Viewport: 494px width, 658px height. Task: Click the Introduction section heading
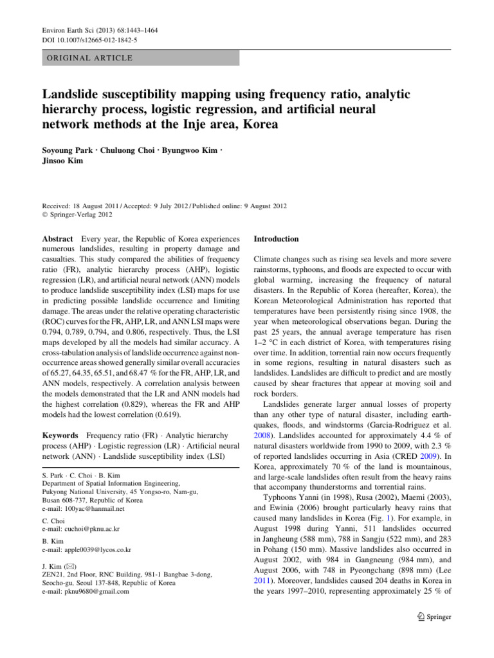click(277, 238)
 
